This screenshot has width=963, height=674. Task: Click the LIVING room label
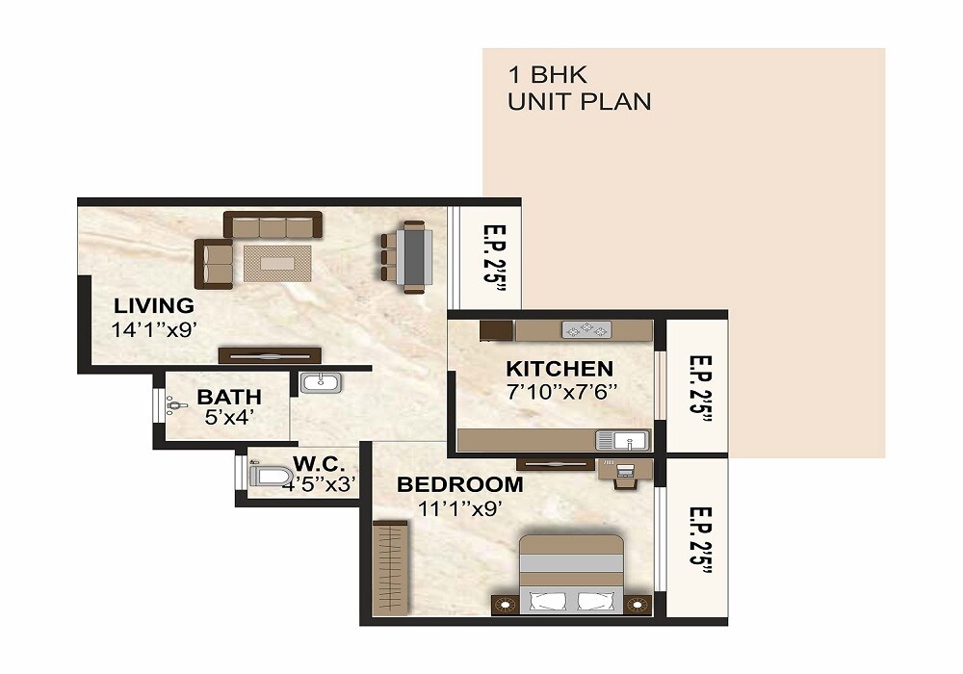[x=154, y=306]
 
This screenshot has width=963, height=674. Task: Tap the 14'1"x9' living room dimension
[x=154, y=328]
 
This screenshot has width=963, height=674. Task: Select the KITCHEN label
[x=560, y=369]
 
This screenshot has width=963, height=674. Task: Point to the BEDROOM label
[x=460, y=484]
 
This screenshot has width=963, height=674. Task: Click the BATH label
[x=229, y=397]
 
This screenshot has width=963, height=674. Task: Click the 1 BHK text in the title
[x=545, y=74]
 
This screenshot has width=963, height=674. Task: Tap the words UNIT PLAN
[x=580, y=101]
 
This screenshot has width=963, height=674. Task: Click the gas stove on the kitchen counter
[x=586, y=330]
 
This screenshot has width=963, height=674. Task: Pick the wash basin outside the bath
[x=320, y=383]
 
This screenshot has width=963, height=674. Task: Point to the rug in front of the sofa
[x=276, y=262]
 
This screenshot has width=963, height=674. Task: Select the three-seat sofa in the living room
[x=273, y=224]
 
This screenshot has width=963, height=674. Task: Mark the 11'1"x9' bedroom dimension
[x=460, y=507]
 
